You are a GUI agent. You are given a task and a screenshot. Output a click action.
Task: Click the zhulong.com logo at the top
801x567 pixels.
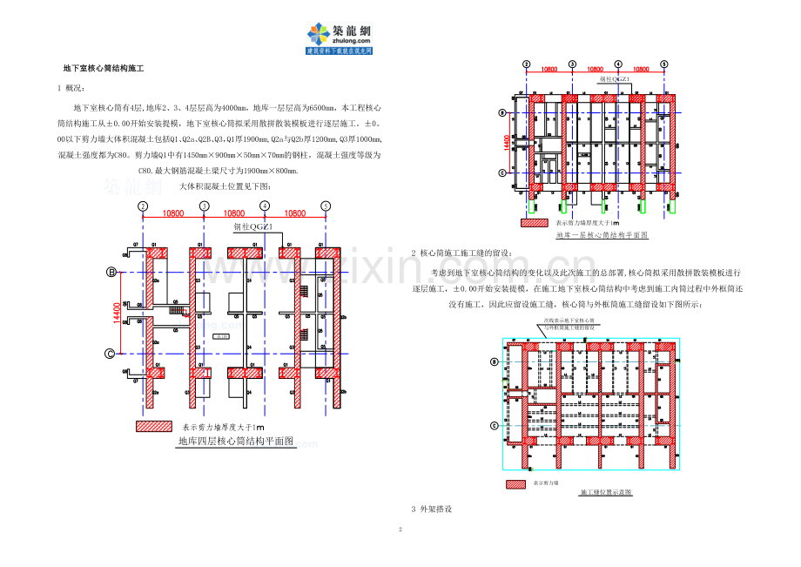click(x=339, y=37)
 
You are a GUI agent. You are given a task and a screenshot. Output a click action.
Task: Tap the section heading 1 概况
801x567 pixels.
click(x=71, y=88)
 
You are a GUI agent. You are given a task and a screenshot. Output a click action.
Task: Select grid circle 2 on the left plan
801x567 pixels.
click(x=141, y=206)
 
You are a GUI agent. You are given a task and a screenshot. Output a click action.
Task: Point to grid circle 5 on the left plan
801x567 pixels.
click(x=326, y=206)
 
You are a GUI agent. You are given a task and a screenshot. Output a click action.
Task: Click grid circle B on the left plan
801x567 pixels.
click(x=111, y=273)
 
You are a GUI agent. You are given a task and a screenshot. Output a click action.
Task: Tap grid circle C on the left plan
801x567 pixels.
click(x=111, y=353)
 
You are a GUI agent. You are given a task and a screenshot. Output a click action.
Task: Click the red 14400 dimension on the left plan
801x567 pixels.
click(x=117, y=313)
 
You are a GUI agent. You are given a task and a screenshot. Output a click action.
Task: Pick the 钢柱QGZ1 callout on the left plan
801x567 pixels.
click(x=253, y=228)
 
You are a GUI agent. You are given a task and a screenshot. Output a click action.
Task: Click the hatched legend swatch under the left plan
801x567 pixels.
click(x=155, y=427)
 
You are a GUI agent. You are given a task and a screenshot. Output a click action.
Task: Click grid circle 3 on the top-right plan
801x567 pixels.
click(x=571, y=64)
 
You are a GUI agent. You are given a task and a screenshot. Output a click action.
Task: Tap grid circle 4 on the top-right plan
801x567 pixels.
click(x=617, y=64)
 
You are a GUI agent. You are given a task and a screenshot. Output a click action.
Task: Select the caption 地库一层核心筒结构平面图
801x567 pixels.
click(x=602, y=235)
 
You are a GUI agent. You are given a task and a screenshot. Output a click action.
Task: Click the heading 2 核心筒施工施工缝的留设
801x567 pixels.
click(x=461, y=253)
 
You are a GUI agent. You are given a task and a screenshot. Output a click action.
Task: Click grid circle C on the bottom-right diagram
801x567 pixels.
click(x=495, y=426)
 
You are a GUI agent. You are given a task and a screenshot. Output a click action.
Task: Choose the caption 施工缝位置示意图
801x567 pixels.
click(x=605, y=492)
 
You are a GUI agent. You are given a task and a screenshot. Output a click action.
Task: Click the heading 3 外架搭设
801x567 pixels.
click(x=431, y=509)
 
